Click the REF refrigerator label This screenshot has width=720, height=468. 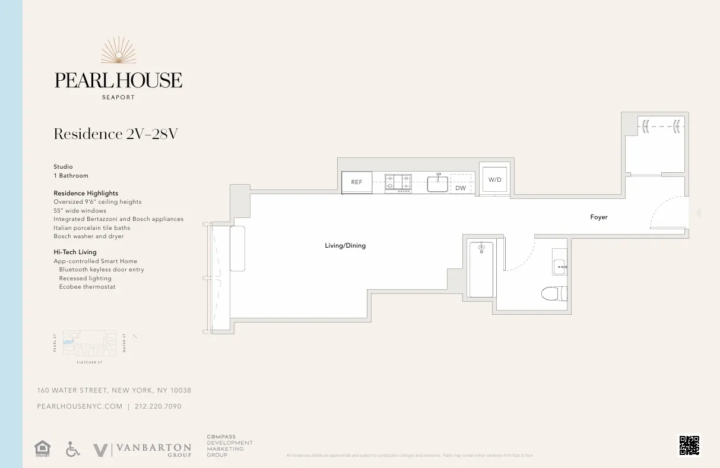tap(357, 182)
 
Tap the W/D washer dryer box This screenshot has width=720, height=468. tap(494, 179)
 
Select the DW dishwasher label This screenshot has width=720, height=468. tap(461, 188)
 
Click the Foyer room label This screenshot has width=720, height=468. tap(599, 217)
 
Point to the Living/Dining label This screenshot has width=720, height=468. tap(345, 245)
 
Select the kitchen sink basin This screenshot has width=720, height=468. tap(437, 184)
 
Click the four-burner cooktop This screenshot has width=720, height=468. tap(398, 182)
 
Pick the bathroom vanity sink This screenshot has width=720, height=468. tap(559, 267)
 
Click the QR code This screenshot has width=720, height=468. tap(689, 445)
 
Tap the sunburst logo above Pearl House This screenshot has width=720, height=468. tap(118, 51)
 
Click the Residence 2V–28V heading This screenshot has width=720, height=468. tap(116, 134)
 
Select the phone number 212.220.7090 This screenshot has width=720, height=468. tap(158, 407)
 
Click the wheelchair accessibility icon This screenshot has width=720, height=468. tap(72, 450)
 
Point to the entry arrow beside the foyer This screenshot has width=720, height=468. tap(698, 213)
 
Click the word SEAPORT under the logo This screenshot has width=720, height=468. tap(118, 97)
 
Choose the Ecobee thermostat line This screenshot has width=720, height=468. tap(87, 287)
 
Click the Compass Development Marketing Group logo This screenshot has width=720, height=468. tap(229, 446)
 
